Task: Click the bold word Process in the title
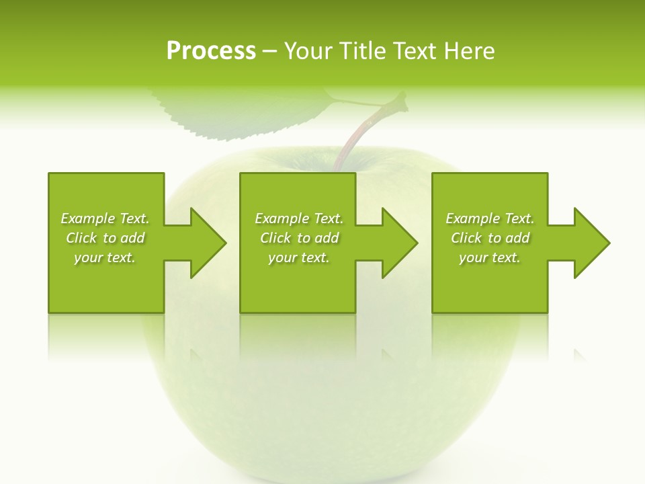211,51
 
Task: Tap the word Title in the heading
363,51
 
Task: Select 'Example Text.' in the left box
105,218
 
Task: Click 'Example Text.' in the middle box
299,218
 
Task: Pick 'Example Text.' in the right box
490,218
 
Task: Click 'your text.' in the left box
105,257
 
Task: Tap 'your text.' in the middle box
299,257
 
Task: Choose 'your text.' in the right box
490,257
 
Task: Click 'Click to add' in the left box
105,238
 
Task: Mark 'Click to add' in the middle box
299,238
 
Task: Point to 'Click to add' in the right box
490,238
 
